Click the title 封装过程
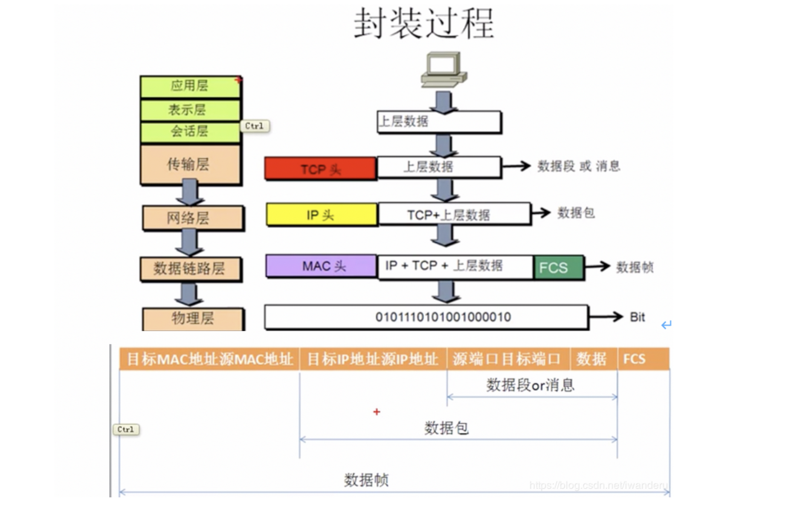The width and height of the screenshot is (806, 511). tap(423, 24)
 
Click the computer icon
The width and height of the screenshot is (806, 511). tap(444, 70)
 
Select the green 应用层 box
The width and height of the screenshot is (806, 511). tap(190, 86)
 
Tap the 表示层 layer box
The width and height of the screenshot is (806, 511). tap(190, 110)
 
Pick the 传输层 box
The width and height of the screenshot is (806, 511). tap(190, 164)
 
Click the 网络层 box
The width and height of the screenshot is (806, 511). tap(192, 218)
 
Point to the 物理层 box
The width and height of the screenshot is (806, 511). tap(193, 318)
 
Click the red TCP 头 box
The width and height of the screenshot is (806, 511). tap(320, 169)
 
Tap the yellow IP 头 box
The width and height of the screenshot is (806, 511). tap(321, 215)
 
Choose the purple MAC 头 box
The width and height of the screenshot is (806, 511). tap(321, 266)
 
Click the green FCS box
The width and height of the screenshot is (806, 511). tap(558, 267)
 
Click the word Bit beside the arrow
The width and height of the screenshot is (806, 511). tap(637, 317)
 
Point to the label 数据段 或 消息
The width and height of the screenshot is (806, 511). tap(578, 166)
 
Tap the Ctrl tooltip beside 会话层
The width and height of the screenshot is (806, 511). tap(255, 126)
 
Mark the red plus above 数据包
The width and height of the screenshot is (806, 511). tap(377, 412)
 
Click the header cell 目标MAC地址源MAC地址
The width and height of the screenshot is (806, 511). tap(209, 359)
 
